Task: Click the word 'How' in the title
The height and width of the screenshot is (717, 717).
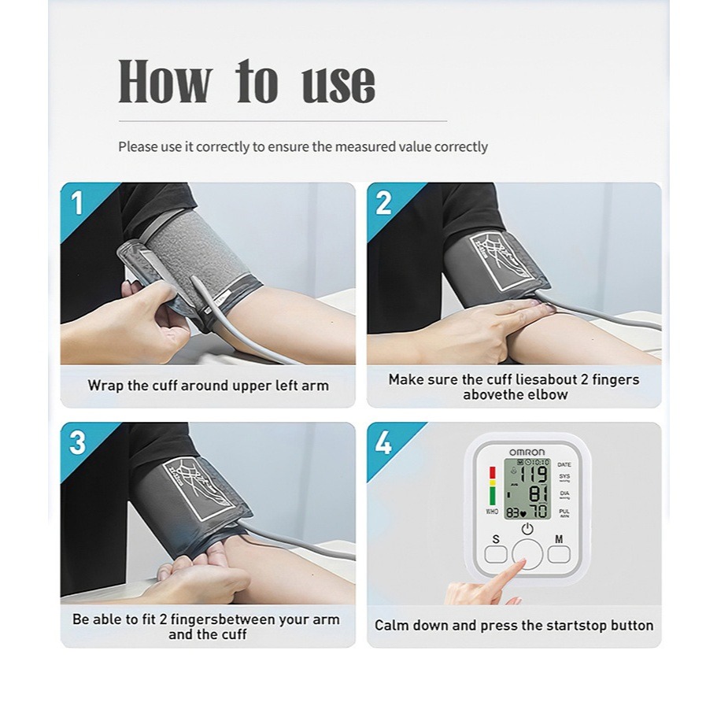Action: tap(165, 82)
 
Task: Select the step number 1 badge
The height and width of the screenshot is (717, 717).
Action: tap(77, 203)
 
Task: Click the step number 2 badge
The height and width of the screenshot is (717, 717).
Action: tap(383, 203)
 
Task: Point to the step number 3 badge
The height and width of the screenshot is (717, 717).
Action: tap(77, 443)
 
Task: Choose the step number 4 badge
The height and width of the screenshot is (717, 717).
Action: tap(383, 443)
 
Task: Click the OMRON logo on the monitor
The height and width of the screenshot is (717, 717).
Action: tap(527, 452)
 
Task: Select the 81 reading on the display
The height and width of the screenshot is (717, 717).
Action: tap(538, 494)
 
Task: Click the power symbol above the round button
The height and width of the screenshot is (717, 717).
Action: tap(527, 530)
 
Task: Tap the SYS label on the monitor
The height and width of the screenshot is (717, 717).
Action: tap(564, 477)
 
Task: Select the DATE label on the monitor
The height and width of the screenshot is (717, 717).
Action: tap(564, 464)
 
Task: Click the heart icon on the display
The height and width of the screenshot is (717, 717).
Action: tap(523, 513)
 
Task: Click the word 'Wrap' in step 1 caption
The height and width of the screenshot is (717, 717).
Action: tap(105, 386)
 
